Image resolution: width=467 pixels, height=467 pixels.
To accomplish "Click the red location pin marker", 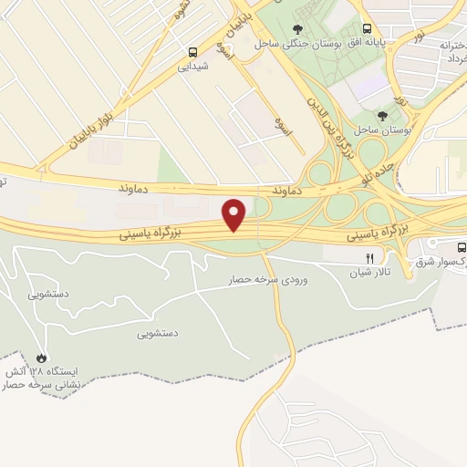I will (235, 214).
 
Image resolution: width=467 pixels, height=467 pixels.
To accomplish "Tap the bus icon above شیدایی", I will (193, 52).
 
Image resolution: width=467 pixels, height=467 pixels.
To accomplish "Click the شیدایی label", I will (192, 66).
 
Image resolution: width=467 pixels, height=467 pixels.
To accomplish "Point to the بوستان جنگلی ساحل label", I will (293, 42).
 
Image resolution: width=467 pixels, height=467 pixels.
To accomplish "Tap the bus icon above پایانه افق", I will (367, 28).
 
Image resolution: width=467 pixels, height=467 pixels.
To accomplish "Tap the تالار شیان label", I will (371, 271).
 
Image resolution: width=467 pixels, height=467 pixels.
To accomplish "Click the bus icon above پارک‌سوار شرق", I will (461, 247).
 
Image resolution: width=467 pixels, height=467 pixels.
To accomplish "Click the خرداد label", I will (451, 57).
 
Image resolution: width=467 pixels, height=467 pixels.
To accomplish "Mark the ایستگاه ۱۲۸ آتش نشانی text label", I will (46, 379).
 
